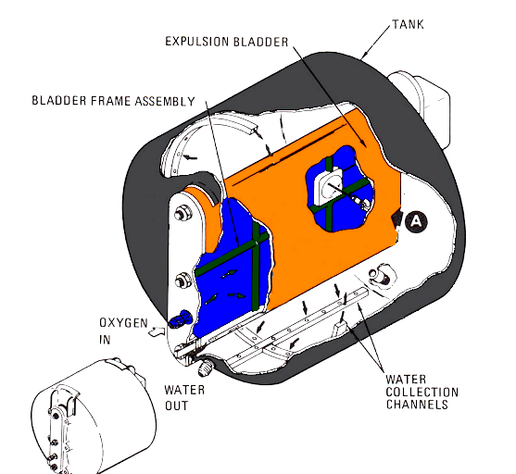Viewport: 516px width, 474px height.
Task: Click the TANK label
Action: pyautogui.click(x=408, y=25)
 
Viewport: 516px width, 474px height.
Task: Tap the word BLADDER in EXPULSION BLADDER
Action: pyautogui.click(x=261, y=42)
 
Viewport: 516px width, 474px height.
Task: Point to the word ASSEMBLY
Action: pyautogui.click(x=165, y=101)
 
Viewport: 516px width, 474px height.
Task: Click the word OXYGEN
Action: pyautogui.click(x=123, y=323)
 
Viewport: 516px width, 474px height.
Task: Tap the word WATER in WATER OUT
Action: pyautogui.click(x=184, y=390)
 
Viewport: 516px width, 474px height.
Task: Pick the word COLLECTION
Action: pyautogui.click(x=422, y=393)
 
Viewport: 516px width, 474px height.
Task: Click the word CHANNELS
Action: pyautogui.click(x=417, y=405)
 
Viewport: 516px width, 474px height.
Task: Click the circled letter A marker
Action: pyautogui.click(x=416, y=221)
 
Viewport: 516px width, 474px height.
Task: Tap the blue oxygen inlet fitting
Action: pyautogui.click(x=180, y=319)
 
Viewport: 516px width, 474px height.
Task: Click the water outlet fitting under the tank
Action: pyautogui.click(x=206, y=368)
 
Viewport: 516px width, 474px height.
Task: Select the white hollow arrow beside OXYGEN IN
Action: pyautogui.click(x=157, y=331)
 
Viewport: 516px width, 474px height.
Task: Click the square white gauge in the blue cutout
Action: pyautogui.click(x=329, y=185)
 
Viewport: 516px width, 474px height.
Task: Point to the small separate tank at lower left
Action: pyautogui.click(x=94, y=417)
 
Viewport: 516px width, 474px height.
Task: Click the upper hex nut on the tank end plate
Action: pyautogui.click(x=182, y=214)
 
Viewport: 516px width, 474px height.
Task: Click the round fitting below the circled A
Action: pyautogui.click(x=381, y=275)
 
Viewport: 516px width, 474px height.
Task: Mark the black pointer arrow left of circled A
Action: pyautogui.click(x=397, y=218)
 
